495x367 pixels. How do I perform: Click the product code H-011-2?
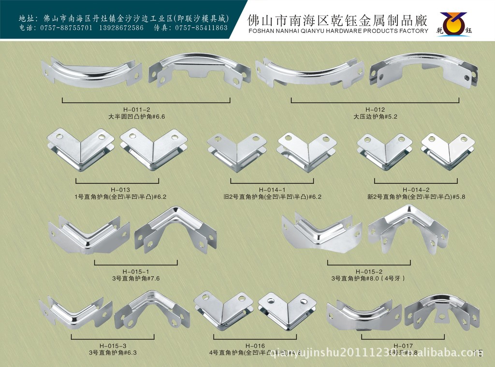tap(146, 110)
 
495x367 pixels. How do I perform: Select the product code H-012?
tap(375, 110)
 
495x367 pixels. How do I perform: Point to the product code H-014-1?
tap(272, 190)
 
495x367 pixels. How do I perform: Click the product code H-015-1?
tap(135, 271)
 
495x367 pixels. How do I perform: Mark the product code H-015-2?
tap(369, 271)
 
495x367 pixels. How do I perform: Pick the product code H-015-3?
tap(113, 346)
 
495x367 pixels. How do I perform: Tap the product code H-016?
tap(255, 346)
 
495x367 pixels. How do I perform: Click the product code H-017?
tap(403, 346)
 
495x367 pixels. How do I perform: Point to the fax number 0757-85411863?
tap(201, 28)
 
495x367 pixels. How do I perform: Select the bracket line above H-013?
tap(117, 182)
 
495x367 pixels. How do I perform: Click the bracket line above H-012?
tap(375, 102)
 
